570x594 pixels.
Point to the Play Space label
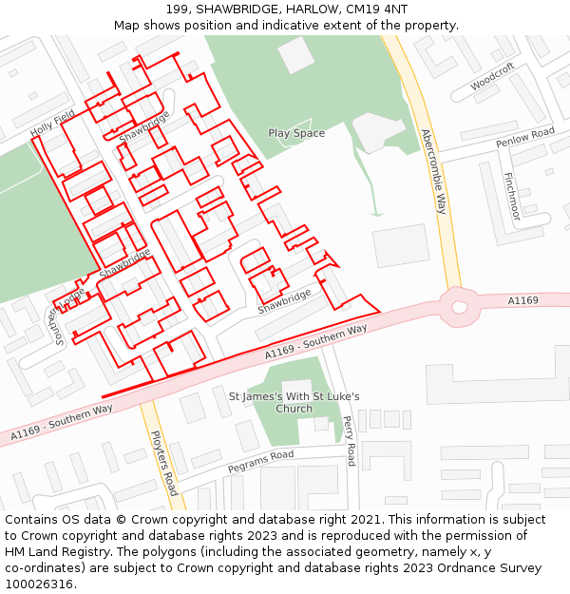click(x=296, y=133)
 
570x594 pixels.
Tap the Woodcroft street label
click(x=492, y=80)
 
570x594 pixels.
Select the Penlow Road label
click(x=525, y=139)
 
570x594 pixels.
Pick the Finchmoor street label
click(x=511, y=196)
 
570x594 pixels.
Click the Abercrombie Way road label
click(x=433, y=171)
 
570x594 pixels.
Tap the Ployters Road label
click(x=164, y=463)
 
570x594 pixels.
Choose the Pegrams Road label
click(x=260, y=463)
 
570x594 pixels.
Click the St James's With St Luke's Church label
click(x=294, y=402)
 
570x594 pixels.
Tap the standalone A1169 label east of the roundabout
click(x=522, y=300)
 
